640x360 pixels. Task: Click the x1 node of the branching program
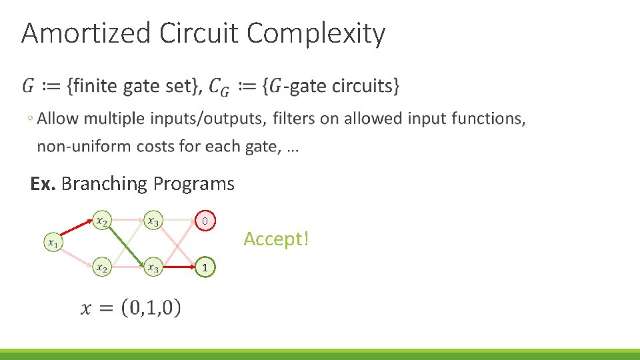pos(52,243)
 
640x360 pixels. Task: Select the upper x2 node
pos(101,219)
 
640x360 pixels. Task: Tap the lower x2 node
pos(101,267)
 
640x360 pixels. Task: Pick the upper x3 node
pos(153,219)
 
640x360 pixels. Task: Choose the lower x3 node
pos(153,267)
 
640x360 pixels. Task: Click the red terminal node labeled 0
pos(205,220)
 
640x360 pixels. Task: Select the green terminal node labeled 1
pos(205,267)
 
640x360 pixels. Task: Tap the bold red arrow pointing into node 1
pos(179,267)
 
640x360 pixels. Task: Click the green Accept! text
pos(276,239)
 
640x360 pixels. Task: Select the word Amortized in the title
pos(86,33)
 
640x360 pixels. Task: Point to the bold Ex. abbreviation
pos(43,184)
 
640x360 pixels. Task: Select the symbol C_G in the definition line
pos(219,87)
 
